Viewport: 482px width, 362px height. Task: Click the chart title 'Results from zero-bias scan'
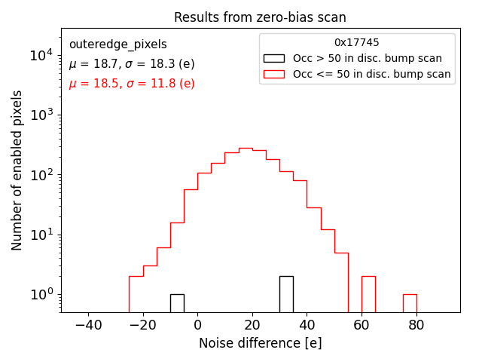click(260, 17)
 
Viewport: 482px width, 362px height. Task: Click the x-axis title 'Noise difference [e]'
click(260, 343)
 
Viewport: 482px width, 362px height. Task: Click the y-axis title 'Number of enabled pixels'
click(17, 170)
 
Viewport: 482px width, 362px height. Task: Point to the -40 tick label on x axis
click(88, 325)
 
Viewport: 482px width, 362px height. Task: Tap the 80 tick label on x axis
click(416, 325)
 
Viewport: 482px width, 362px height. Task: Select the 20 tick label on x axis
click(252, 325)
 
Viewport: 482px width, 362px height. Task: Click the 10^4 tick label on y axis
click(40, 55)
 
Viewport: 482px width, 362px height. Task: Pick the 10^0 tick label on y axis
click(40, 294)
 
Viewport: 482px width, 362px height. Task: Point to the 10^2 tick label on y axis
click(40, 175)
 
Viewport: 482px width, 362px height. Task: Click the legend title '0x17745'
click(357, 43)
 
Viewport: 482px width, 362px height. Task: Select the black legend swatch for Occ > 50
click(273, 58)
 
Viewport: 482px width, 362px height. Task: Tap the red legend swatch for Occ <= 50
click(273, 74)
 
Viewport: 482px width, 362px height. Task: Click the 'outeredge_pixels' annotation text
click(117, 44)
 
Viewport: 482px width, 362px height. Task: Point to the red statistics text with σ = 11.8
click(132, 84)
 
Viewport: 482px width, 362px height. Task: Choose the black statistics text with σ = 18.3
click(132, 64)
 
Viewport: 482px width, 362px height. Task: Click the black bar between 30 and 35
click(286, 294)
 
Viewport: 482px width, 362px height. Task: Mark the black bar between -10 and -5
click(177, 303)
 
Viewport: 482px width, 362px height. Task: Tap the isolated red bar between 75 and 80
click(410, 303)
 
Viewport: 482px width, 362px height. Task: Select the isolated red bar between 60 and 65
click(368, 294)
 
